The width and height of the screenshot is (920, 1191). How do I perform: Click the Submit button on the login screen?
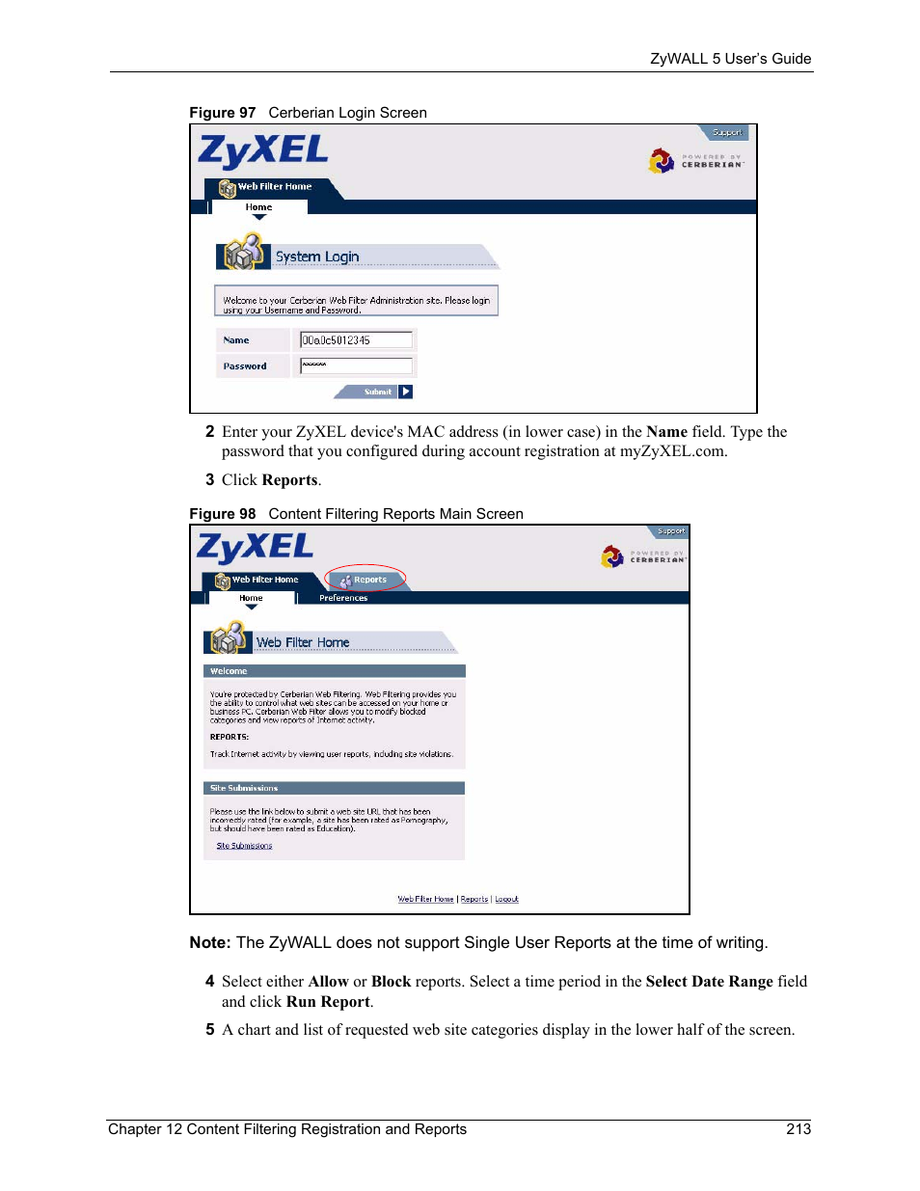click(x=377, y=392)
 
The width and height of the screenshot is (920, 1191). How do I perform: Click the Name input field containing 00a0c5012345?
click(x=356, y=339)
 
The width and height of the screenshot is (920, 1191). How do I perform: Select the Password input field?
click(x=356, y=365)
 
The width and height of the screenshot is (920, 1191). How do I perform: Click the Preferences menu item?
click(x=343, y=598)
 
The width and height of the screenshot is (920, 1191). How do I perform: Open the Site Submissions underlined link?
click(x=244, y=846)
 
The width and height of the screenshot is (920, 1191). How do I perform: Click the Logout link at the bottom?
click(x=506, y=899)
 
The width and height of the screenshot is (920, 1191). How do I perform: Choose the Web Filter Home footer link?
click(x=425, y=899)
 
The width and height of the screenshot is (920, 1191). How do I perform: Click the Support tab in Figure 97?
click(x=726, y=132)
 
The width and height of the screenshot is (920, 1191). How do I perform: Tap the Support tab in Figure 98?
click(x=670, y=531)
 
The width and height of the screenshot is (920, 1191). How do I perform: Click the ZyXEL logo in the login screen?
click(x=263, y=151)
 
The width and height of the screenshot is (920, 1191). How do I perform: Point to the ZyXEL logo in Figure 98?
click(x=255, y=548)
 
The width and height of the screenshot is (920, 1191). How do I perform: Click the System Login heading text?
click(x=317, y=257)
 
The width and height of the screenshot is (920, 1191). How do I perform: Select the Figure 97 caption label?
click(x=223, y=113)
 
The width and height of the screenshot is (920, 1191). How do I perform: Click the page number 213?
click(x=798, y=1129)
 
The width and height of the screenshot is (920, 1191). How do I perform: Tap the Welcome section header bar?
click(x=334, y=671)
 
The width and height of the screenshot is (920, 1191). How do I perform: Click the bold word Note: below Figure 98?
click(x=210, y=943)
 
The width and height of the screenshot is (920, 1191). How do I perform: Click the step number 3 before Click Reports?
click(x=209, y=480)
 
